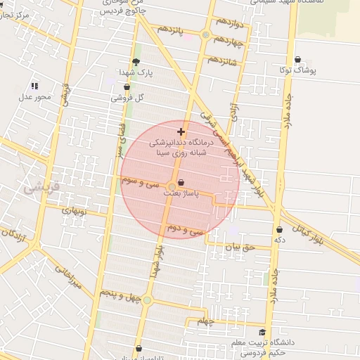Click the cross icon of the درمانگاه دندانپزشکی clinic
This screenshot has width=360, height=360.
coord(181,131)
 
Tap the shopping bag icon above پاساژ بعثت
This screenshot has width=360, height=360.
coord(181,182)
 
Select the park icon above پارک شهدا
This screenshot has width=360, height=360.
coord(136,62)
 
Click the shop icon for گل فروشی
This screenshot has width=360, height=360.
coord(127,88)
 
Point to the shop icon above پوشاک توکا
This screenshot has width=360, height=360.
coord(298,60)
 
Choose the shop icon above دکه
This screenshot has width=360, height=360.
coord(280,229)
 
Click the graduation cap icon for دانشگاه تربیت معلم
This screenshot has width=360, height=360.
coord(262,333)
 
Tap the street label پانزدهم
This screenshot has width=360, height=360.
coord(169,29)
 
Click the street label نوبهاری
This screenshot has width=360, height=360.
coord(73,210)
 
